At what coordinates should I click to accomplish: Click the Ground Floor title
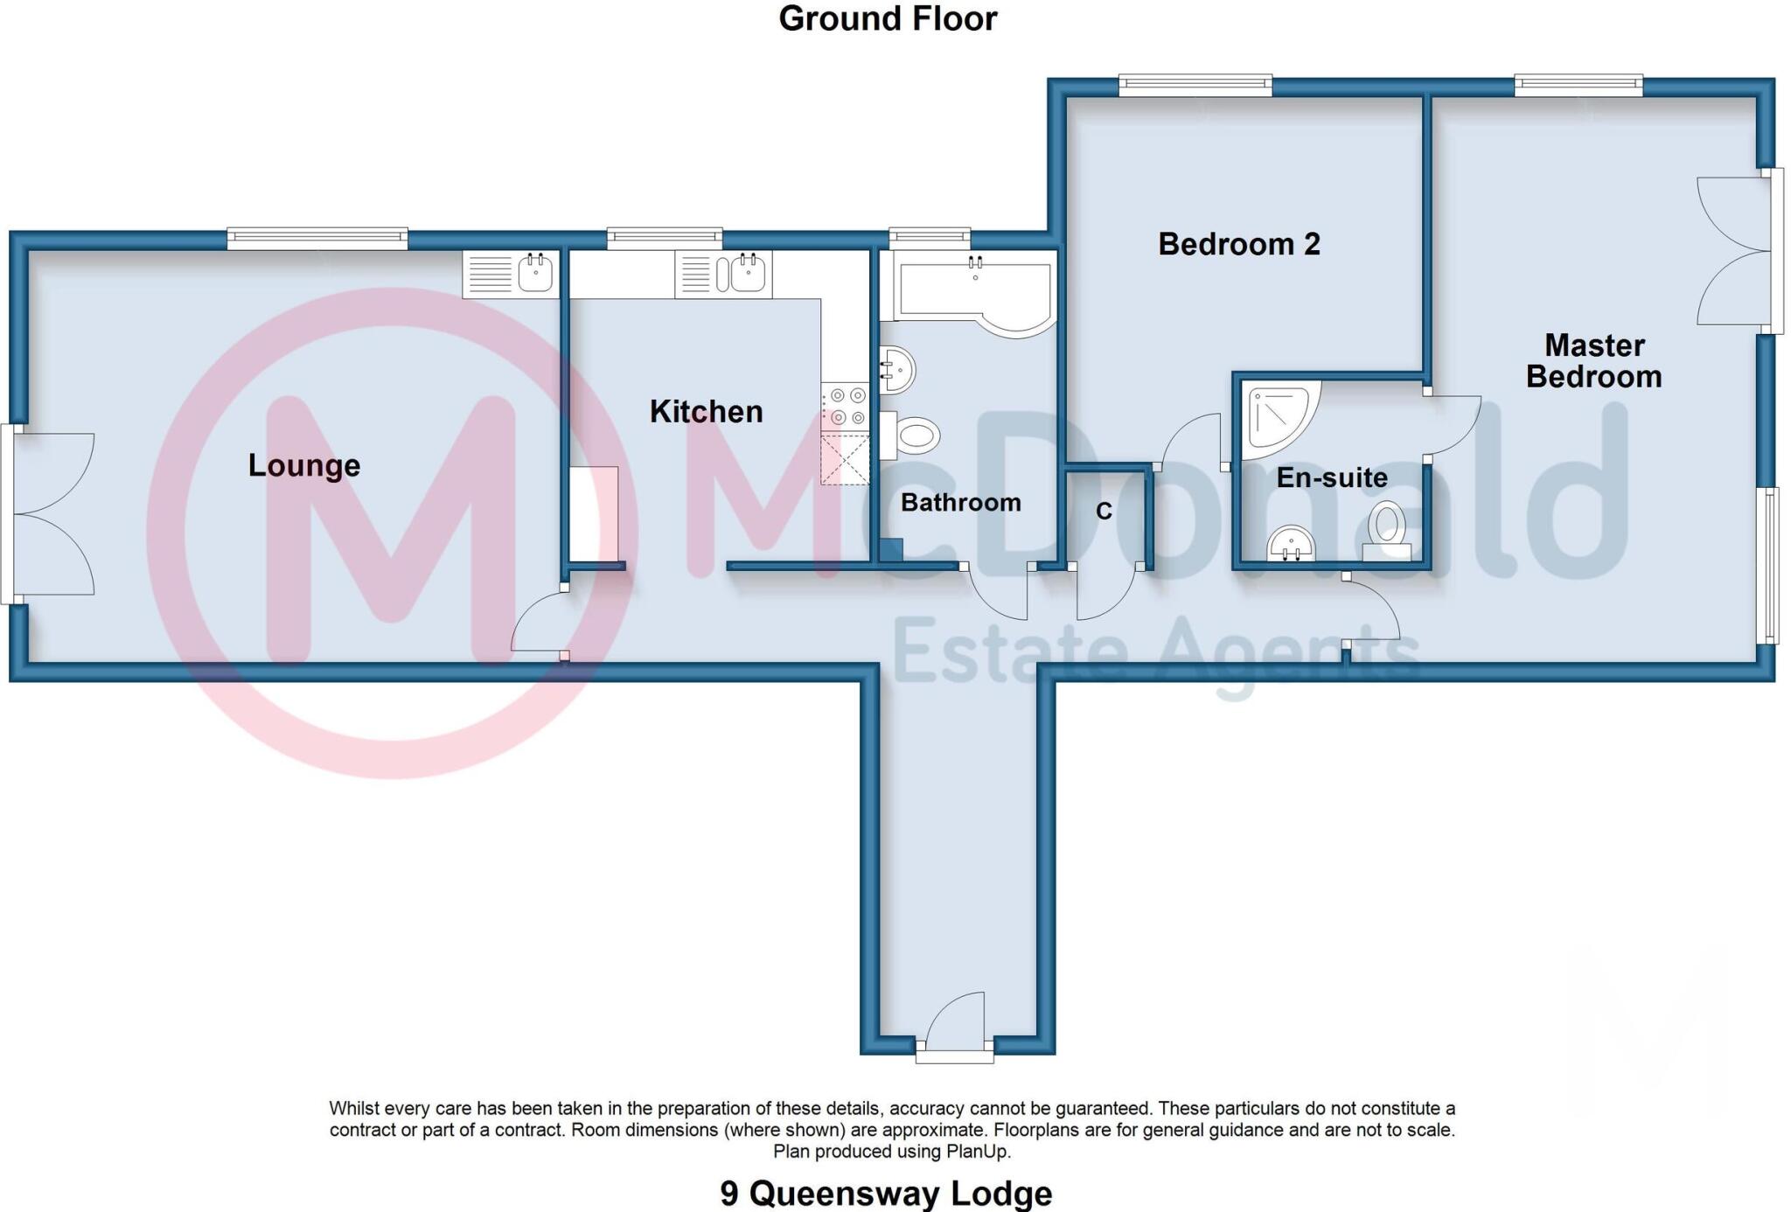click(x=887, y=19)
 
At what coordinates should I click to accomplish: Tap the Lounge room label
click(x=303, y=465)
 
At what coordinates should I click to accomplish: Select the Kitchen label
click(x=706, y=411)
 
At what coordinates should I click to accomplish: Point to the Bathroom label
click(x=960, y=503)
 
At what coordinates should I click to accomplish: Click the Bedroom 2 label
click(x=1238, y=244)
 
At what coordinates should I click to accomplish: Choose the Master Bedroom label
click(x=1593, y=361)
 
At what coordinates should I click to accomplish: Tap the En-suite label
click(x=1331, y=477)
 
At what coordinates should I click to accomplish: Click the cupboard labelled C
click(x=1104, y=512)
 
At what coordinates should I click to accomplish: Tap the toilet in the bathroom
click(x=912, y=435)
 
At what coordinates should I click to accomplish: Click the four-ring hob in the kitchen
click(x=846, y=407)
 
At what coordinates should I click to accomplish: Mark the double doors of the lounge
click(x=48, y=514)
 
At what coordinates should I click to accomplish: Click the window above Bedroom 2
click(x=1195, y=85)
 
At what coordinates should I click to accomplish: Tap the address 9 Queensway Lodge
click(x=885, y=1194)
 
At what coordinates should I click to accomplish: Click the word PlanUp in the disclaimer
click(x=978, y=1152)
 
